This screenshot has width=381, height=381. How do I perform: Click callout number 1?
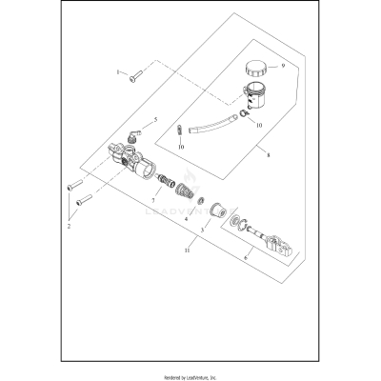click(119, 72)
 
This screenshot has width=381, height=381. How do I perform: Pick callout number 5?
click(156, 121)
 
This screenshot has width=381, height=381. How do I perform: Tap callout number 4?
click(186, 218)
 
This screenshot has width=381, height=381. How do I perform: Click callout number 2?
click(70, 227)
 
